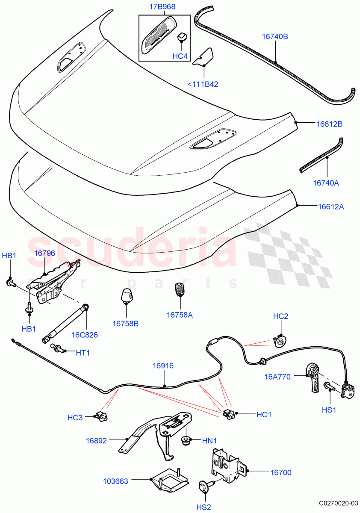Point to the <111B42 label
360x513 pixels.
pyautogui.click(x=203, y=84)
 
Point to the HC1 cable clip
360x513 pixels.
pyautogui.click(x=228, y=413)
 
